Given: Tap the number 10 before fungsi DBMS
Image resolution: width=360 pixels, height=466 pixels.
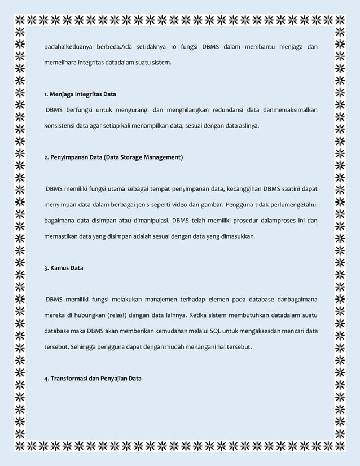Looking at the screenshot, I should coord(175,46).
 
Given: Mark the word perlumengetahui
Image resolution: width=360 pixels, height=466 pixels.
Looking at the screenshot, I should coord(290,204).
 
